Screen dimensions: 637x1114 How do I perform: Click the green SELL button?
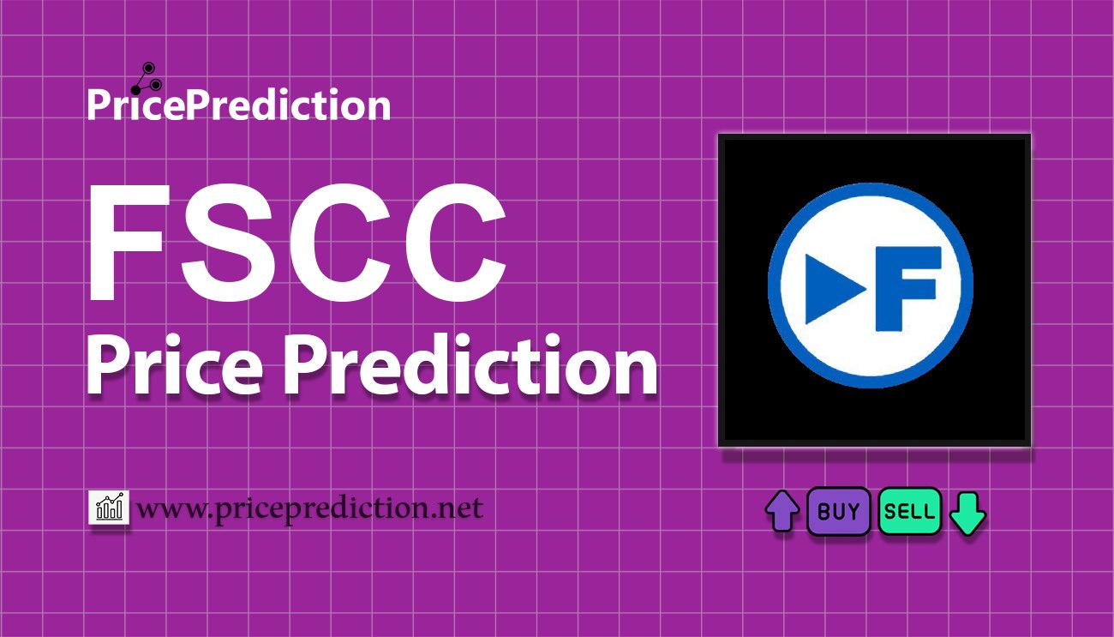(x=910, y=512)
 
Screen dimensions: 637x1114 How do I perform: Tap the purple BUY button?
(x=839, y=512)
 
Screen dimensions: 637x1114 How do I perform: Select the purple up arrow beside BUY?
(x=782, y=512)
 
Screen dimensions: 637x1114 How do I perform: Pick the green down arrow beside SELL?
(x=968, y=513)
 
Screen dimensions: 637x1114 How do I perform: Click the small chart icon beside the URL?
(x=109, y=508)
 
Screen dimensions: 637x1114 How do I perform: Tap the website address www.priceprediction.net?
(x=310, y=508)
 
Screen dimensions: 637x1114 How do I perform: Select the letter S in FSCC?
(x=231, y=249)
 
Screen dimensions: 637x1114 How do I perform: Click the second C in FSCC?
(x=343, y=249)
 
